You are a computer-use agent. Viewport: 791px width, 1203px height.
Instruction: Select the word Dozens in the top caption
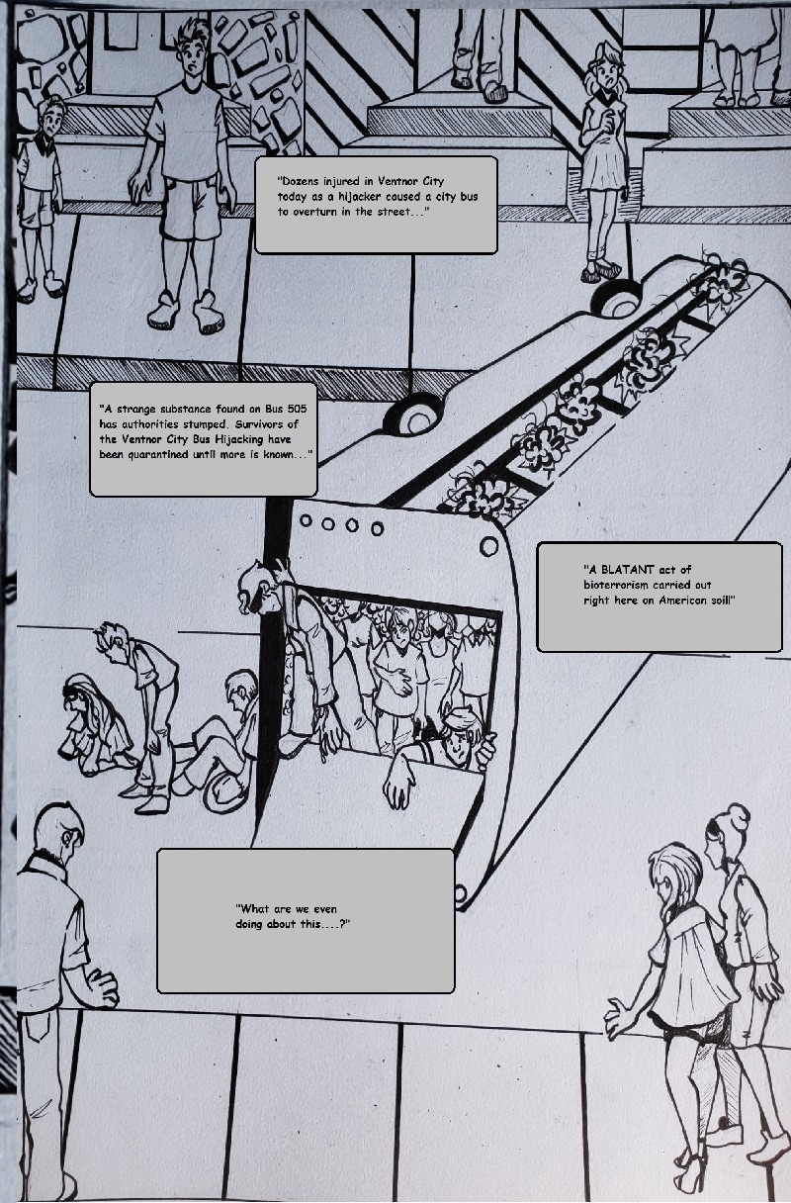[301, 181]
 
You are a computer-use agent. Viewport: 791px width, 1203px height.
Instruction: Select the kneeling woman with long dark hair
[92, 725]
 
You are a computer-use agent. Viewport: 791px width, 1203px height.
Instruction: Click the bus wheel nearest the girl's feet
[617, 300]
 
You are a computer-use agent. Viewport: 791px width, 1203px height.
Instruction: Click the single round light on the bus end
[488, 547]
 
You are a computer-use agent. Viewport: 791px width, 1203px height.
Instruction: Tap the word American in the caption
[683, 600]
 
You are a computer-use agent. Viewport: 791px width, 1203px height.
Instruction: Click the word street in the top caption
[392, 212]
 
